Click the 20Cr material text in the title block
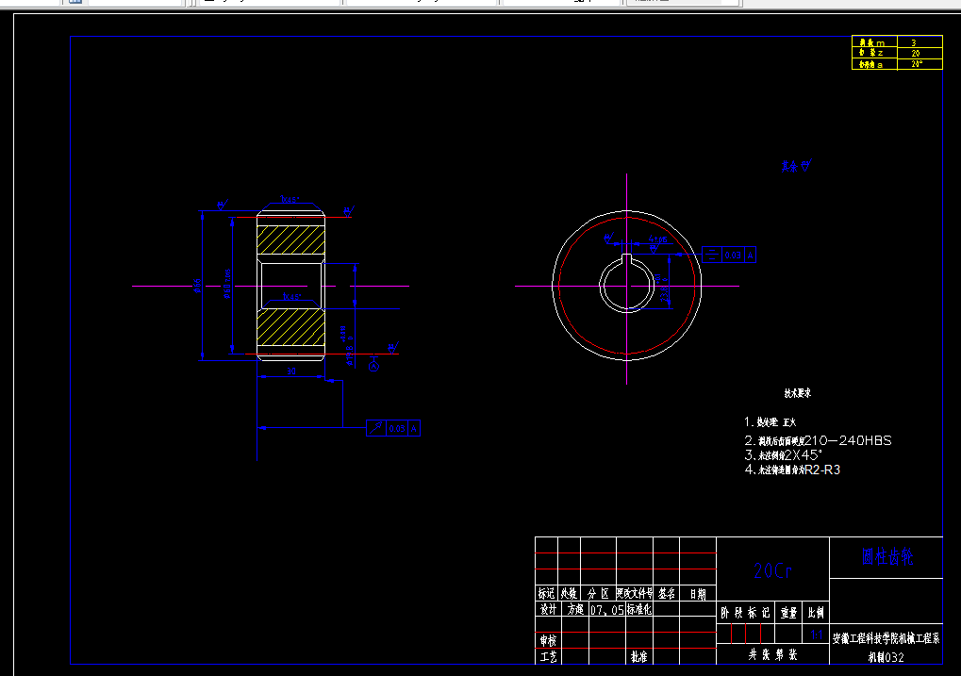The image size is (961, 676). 772,571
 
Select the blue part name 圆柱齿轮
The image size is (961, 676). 886,556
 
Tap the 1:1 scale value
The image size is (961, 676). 817,635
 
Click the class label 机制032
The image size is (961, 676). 886,657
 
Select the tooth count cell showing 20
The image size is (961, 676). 915,54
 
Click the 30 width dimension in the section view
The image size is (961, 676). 291,372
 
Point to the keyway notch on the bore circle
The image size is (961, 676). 626,258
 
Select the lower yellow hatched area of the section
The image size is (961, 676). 290,329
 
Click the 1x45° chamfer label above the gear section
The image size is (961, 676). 290,201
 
